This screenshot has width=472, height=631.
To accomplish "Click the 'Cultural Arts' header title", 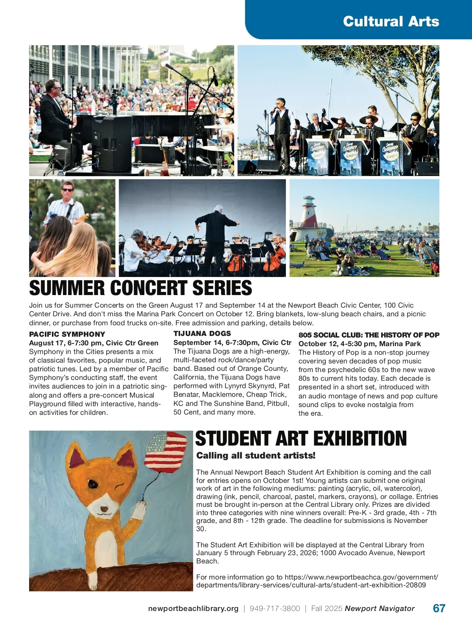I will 391,21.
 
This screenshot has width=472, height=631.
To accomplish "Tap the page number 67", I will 439,608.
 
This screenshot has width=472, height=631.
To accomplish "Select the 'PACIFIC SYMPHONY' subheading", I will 67,334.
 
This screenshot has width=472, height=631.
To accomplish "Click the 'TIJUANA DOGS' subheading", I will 202,334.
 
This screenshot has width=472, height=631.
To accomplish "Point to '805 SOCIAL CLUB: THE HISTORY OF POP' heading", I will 369,335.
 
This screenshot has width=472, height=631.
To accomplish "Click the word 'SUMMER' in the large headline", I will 67,288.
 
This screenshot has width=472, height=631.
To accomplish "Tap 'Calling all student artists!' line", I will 256,456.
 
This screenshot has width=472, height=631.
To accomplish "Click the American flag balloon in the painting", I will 165,452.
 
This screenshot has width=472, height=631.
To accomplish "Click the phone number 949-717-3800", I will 275,609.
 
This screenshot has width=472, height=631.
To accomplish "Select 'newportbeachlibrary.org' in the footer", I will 193,609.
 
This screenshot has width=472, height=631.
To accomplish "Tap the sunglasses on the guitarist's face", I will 67,190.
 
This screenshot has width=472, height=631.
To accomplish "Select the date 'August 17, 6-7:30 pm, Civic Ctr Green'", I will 94,343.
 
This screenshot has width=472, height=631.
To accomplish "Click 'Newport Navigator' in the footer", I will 380,609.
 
